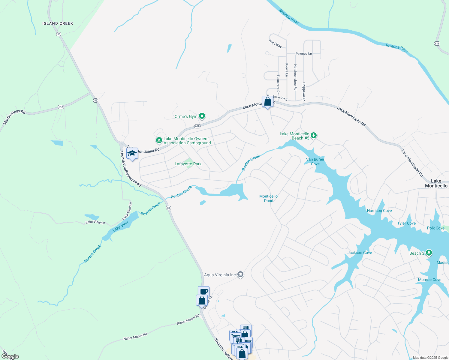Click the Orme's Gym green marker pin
tap(202, 116)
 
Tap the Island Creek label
tap(58, 23)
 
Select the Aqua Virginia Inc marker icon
tap(240, 274)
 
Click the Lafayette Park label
tap(188, 164)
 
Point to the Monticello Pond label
tap(269, 198)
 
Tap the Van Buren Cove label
tap(315, 162)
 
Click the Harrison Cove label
tap(379, 211)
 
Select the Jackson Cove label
tap(360, 253)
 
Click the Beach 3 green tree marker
tap(429, 253)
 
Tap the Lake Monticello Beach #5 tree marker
tap(314, 136)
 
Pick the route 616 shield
tap(437, 43)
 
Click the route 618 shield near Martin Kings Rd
tap(61, 107)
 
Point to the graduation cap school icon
tap(132, 154)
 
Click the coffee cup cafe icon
tap(204, 291)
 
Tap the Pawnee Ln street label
tap(303, 54)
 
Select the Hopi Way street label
tap(276, 44)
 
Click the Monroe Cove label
tap(429, 280)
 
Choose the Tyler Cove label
tap(406, 223)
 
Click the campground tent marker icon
tap(159, 140)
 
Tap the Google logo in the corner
tap(10, 356)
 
